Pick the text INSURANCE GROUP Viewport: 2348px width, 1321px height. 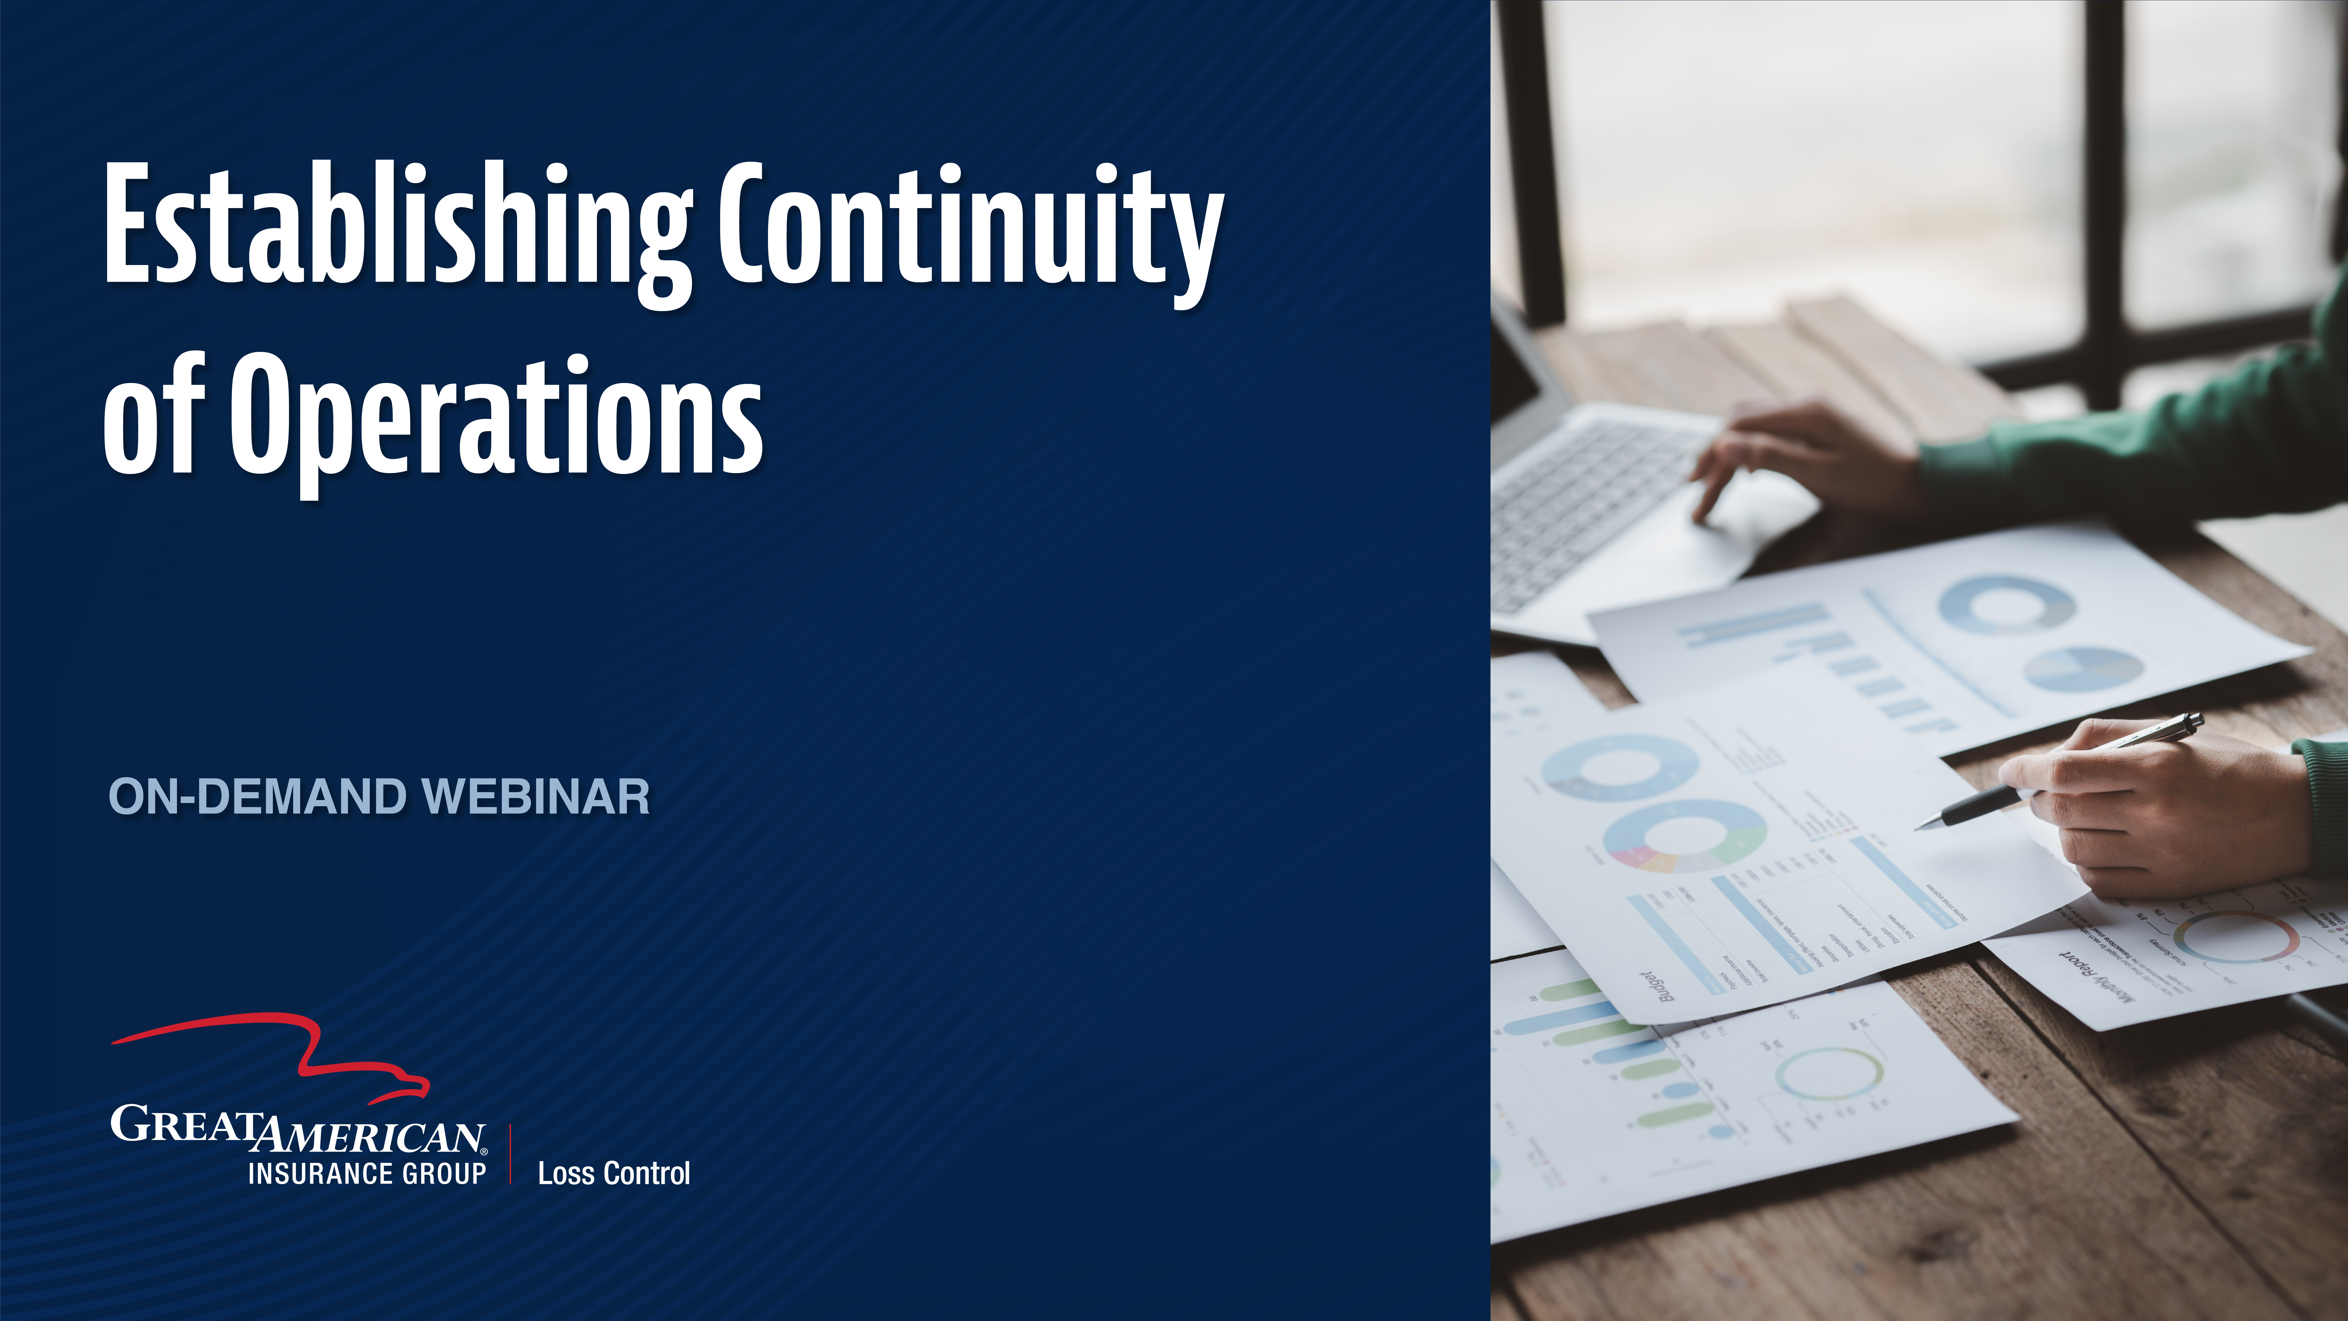point(367,1173)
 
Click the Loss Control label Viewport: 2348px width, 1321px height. point(613,1173)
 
